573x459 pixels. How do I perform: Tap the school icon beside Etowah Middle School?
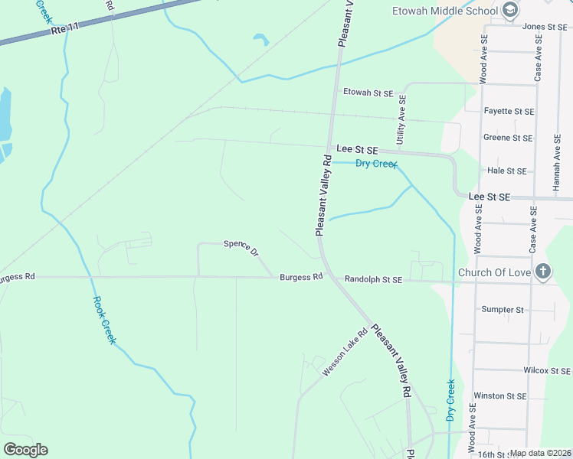[x=511, y=11]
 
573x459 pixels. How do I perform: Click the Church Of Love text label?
[x=494, y=272]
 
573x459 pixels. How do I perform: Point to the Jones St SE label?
[x=544, y=27]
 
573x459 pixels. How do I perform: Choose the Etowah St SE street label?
[x=368, y=93]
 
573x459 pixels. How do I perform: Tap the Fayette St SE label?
[x=509, y=111]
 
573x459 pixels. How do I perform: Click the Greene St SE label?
[x=508, y=138]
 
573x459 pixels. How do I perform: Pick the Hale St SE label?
[x=507, y=171]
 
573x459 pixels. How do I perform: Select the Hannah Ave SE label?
[x=557, y=158]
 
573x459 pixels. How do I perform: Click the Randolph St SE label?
[x=373, y=280]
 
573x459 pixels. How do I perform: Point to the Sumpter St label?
[x=503, y=310]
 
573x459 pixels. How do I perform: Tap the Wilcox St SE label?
[x=547, y=370]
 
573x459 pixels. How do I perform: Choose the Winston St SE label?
[x=500, y=396]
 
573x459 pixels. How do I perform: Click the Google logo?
[x=25, y=449]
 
